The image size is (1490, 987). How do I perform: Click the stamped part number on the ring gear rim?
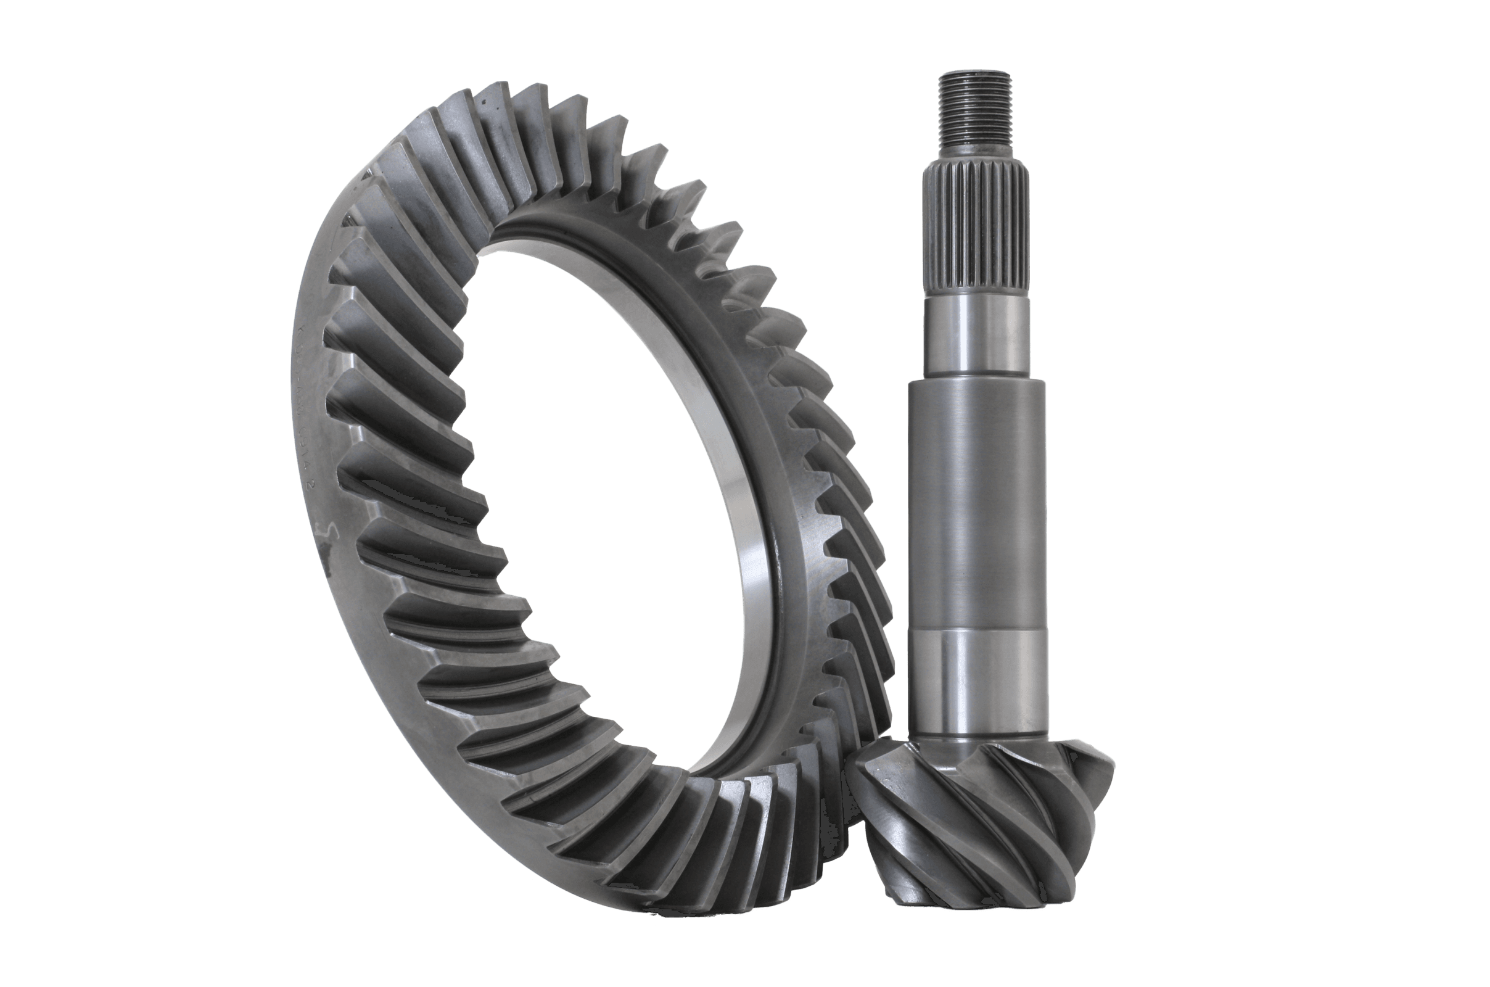pos(308,403)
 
